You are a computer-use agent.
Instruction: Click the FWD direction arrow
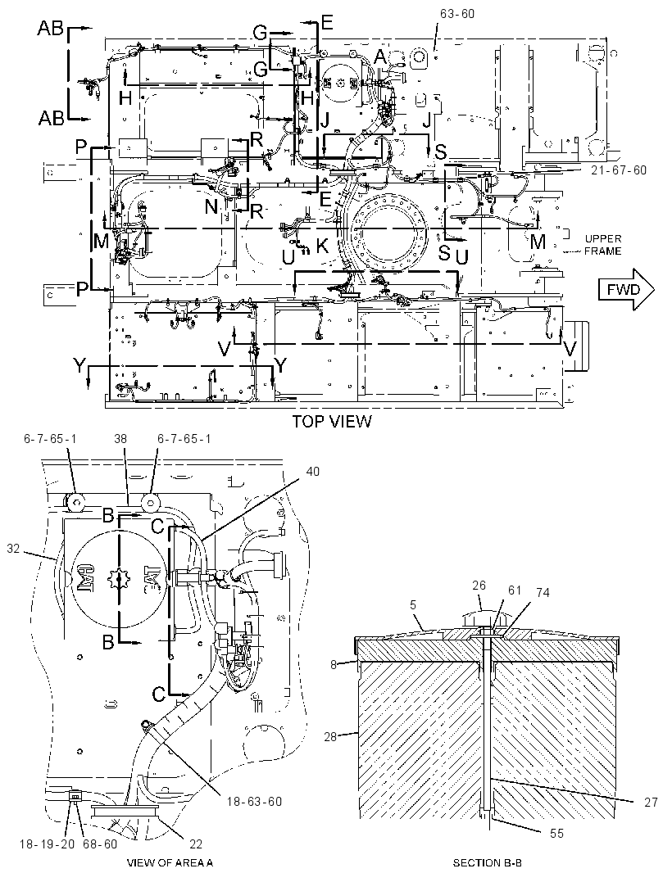626,289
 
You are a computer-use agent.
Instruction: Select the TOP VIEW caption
332,422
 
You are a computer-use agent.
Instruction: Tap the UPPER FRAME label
603,245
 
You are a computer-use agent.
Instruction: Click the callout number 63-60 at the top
457,13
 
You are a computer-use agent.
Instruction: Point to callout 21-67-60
619,170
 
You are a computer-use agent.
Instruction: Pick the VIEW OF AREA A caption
170,863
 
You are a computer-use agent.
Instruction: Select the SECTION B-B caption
487,863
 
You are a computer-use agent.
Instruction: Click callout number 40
313,472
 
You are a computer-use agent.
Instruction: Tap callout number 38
120,439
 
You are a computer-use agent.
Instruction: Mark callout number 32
13,549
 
